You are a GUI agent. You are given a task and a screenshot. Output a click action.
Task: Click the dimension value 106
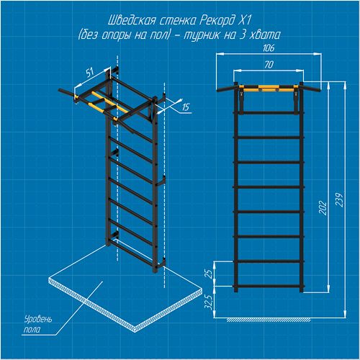point(269,48)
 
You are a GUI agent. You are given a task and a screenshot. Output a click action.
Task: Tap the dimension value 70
point(269,65)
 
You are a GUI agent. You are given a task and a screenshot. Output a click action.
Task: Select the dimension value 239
point(339,199)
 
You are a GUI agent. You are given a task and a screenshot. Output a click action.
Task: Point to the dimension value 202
point(323,207)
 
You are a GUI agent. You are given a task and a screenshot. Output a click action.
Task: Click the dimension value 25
point(209,274)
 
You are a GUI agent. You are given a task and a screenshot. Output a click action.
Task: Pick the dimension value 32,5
point(208,302)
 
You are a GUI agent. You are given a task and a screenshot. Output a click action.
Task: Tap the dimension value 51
point(90,72)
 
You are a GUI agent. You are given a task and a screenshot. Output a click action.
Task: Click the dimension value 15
point(186,107)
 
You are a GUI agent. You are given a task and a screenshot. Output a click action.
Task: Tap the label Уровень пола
point(38,324)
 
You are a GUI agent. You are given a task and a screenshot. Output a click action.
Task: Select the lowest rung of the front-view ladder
point(269,286)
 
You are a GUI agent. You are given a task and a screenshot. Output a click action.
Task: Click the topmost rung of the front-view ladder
point(269,112)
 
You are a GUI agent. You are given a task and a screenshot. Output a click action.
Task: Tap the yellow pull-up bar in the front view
point(269,89)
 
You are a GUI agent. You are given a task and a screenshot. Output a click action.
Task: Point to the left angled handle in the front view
point(225,88)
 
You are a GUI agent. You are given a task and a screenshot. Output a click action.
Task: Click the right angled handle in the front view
point(312,88)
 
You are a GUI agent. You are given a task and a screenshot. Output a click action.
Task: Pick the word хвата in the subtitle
point(265,35)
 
